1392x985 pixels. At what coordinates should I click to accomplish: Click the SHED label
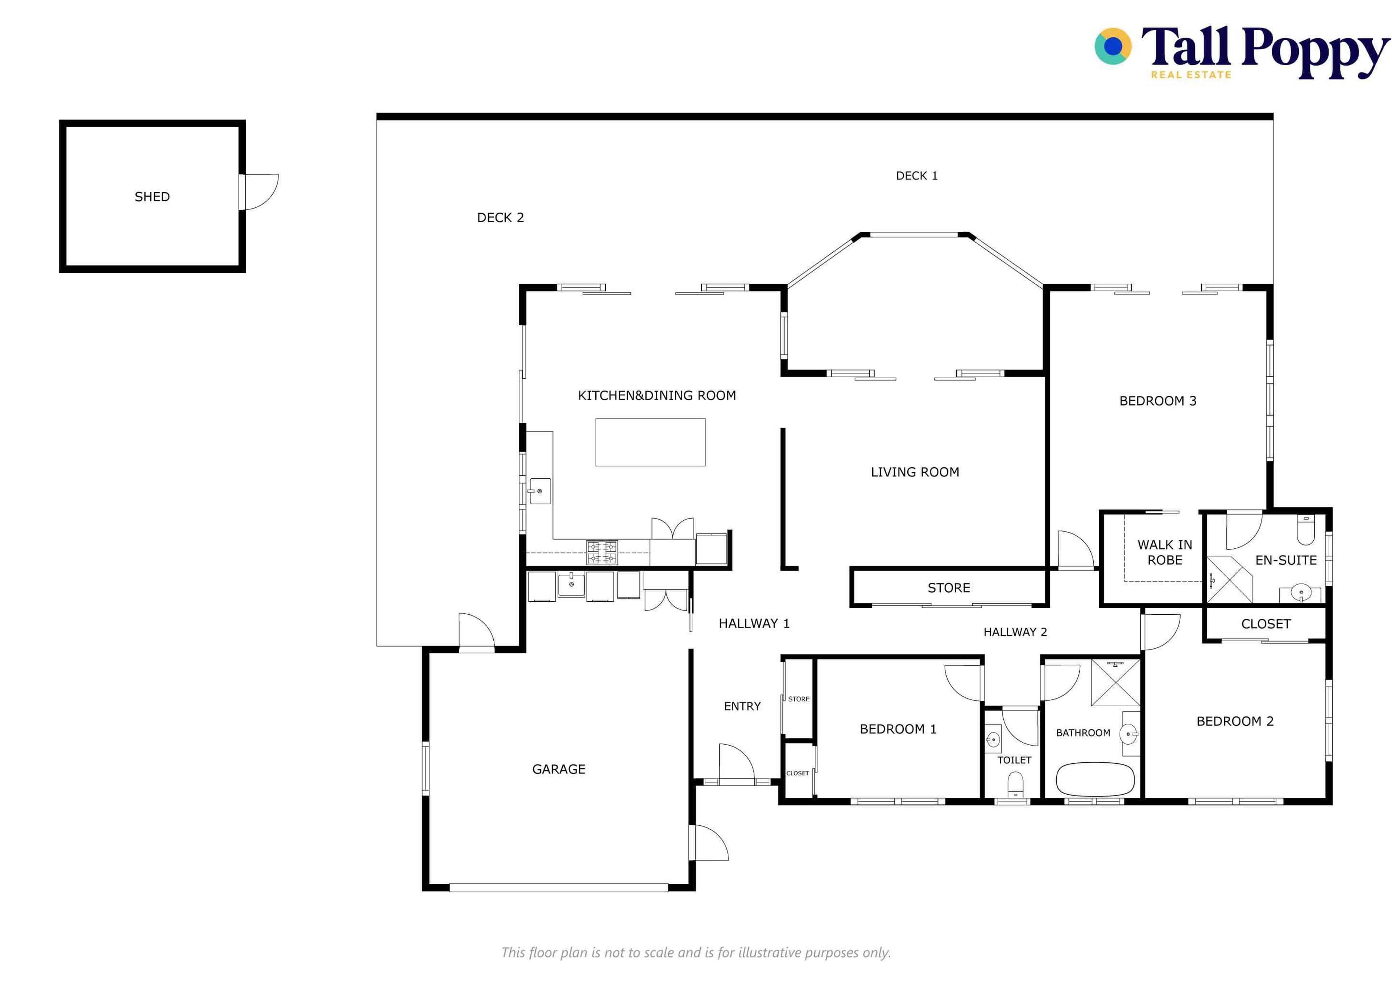click(152, 197)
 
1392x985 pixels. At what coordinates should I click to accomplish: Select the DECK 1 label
click(917, 176)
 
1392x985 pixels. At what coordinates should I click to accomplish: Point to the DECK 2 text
click(500, 218)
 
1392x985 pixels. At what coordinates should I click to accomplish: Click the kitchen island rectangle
click(650, 442)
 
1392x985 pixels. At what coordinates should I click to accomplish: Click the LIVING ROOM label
click(915, 472)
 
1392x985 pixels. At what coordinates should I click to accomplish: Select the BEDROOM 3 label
click(1157, 401)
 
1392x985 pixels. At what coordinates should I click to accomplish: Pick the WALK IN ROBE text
click(1165, 553)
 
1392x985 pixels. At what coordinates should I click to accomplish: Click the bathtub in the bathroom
click(1095, 779)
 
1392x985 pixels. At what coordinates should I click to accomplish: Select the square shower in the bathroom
click(1115, 682)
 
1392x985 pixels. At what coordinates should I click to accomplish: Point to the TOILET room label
click(1014, 760)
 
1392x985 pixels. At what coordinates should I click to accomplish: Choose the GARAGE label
click(558, 769)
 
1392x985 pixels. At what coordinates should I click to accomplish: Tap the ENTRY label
click(742, 706)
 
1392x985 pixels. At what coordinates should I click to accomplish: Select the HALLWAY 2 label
click(1015, 632)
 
